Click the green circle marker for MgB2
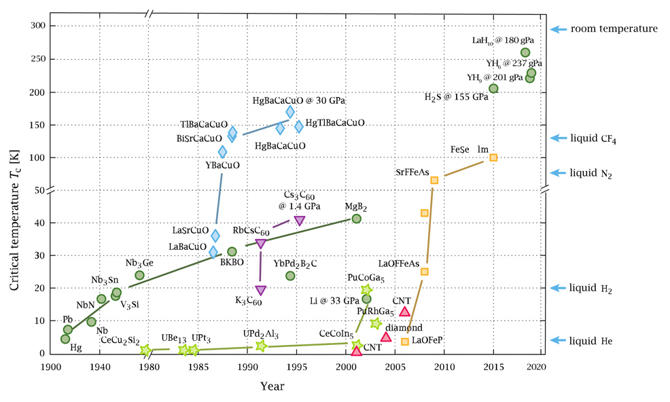click(356, 219)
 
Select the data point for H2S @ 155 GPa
click(493, 88)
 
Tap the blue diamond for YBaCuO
click(222, 152)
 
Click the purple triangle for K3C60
click(260, 291)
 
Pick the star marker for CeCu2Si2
click(145, 350)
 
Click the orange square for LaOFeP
click(405, 342)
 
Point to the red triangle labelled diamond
click(386, 336)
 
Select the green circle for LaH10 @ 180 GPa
click(525, 52)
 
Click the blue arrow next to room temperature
click(558, 29)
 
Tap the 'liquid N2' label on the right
click(591, 175)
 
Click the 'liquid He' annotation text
click(591, 341)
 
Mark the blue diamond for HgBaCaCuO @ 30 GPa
click(290, 112)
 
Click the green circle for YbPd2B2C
click(290, 276)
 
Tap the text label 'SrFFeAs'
click(412, 172)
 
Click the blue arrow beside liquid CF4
click(558, 138)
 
